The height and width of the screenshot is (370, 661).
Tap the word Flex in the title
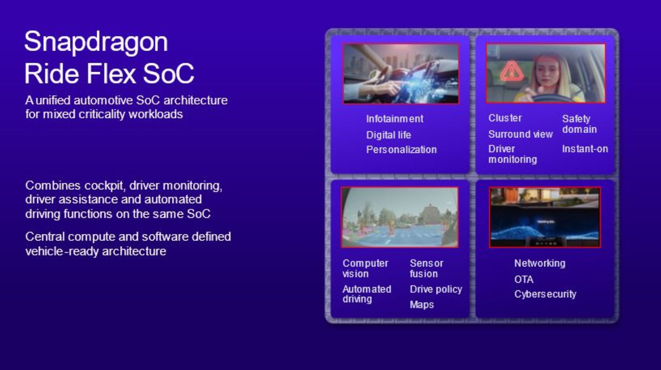point(111,73)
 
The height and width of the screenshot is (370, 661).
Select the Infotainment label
point(395,119)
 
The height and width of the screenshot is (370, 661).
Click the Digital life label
point(388,135)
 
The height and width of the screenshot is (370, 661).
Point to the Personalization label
point(401,150)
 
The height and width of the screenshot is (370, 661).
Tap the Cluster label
point(505,118)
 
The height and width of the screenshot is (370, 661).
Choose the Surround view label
point(520,134)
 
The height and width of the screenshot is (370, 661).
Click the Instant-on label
point(585,149)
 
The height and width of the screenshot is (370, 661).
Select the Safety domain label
point(579,124)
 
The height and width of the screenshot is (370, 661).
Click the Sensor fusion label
point(427,269)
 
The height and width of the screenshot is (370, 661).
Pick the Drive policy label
point(436,289)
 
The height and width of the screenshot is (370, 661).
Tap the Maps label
point(422,305)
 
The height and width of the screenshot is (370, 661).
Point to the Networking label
point(540,263)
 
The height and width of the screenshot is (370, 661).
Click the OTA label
point(524,279)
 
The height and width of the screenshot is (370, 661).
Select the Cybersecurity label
point(545,294)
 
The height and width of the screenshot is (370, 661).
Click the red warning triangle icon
point(511,71)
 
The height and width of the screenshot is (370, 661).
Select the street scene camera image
point(399,217)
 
